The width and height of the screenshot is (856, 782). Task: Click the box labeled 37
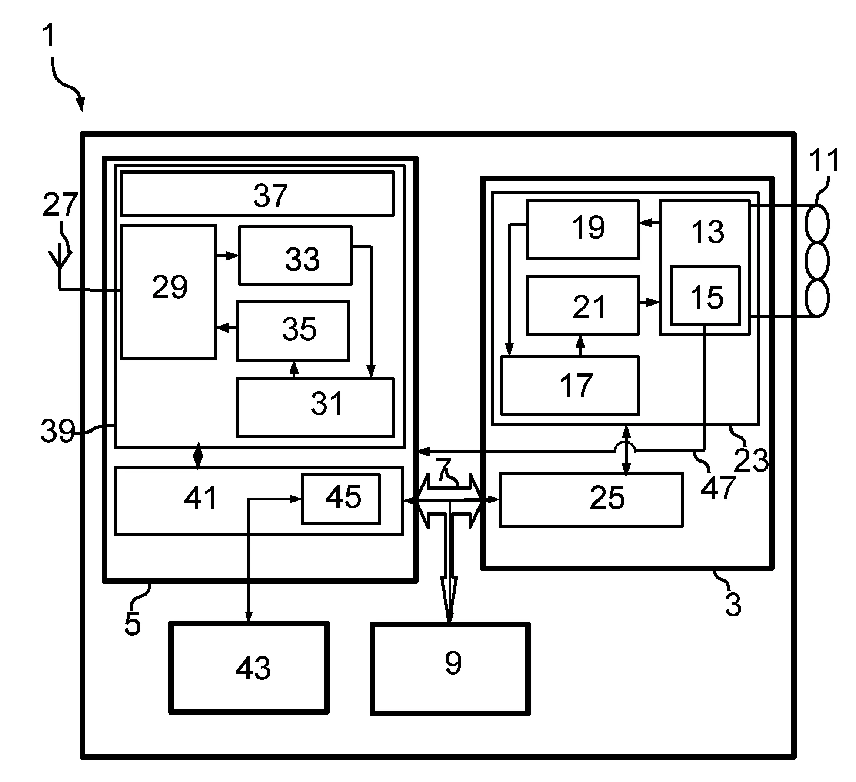pos(257,193)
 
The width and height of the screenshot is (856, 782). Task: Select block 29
pos(168,292)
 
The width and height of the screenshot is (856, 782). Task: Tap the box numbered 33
pos(295,255)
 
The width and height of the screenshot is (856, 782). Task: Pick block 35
pos(293,330)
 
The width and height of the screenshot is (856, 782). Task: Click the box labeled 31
pos(315,407)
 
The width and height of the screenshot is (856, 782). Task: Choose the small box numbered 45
pos(341,499)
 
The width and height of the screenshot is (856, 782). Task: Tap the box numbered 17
pos(570,385)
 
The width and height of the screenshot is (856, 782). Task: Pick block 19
pos(583,230)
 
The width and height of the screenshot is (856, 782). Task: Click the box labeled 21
pos(583,305)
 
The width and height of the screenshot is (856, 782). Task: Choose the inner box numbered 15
pos(705,296)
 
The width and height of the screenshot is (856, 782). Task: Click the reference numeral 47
pos(718,488)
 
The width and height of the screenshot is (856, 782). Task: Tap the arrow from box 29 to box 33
pos(227,256)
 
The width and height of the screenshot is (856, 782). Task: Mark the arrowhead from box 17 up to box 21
pos(580,340)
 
